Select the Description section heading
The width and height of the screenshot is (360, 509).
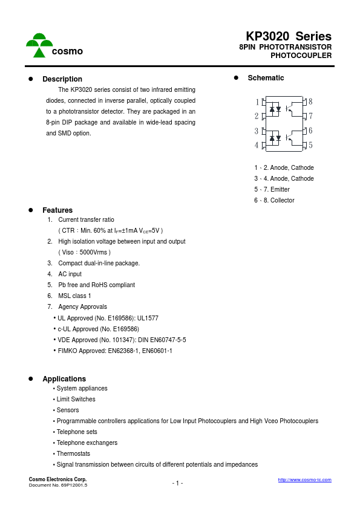coord(62,79)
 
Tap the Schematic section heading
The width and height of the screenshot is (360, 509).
coord(266,78)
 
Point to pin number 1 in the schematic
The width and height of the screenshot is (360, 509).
coord(257,102)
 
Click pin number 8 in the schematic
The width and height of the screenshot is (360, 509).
coord(310,102)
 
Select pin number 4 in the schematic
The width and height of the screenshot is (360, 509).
coord(257,145)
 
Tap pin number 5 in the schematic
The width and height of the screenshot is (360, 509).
coord(310,145)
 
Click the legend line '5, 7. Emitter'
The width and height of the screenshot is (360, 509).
coord(272,189)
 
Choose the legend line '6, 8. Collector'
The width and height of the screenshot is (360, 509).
coord(274,200)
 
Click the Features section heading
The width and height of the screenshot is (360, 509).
coord(57,210)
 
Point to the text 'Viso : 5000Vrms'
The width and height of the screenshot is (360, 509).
coord(84,252)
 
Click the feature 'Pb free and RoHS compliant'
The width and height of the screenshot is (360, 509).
coord(96,285)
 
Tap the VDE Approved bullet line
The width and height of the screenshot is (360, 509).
coord(121,340)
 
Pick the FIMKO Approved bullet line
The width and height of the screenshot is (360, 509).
coord(114,351)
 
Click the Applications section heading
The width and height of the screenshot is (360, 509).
coord(64,379)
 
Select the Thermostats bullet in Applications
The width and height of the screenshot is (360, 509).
coord(73,453)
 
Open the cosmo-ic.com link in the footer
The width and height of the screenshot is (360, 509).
coord(304,479)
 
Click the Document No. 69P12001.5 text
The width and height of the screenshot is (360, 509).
coord(58,485)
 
